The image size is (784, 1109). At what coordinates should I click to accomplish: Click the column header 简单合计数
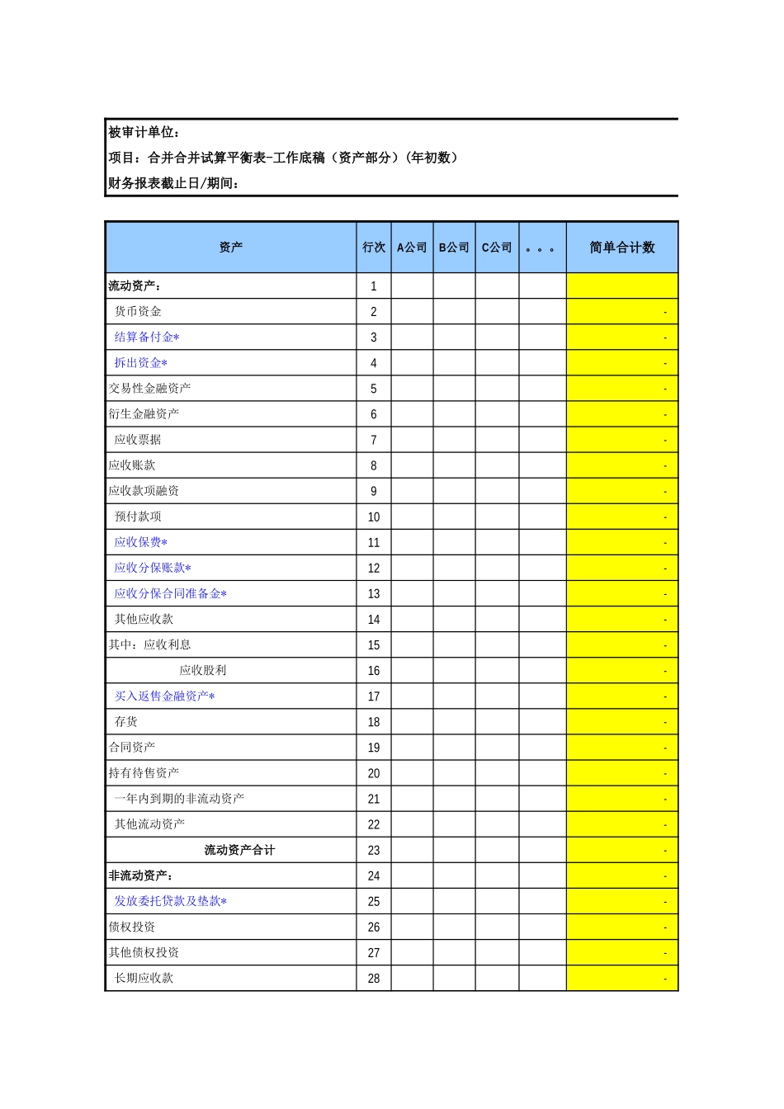tap(622, 248)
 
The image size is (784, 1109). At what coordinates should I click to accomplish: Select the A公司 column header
tap(412, 248)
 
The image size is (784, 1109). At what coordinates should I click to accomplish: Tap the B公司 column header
tap(454, 248)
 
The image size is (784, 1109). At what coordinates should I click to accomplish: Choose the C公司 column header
tap(497, 248)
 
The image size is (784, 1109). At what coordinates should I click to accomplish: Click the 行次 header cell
tap(374, 248)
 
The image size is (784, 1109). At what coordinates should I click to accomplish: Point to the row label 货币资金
tap(138, 312)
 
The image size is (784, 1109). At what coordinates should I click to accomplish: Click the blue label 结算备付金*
tap(147, 337)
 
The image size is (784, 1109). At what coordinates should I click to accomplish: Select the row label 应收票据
tap(138, 440)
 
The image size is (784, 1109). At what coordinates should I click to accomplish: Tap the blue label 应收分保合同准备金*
tap(170, 594)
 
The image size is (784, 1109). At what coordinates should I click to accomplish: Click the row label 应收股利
tap(203, 671)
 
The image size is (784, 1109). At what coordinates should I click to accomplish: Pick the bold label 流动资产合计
tap(239, 851)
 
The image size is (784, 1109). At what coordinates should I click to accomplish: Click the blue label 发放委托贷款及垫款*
tap(170, 902)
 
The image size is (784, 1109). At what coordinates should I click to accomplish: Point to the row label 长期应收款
tap(144, 979)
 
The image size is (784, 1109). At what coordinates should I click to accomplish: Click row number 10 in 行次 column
tap(374, 517)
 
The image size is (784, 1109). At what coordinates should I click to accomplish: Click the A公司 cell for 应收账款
tap(412, 466)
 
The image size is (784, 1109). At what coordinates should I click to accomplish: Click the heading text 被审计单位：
tap(145, 133)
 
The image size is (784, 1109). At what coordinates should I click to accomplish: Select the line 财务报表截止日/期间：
tap(174, 184)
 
